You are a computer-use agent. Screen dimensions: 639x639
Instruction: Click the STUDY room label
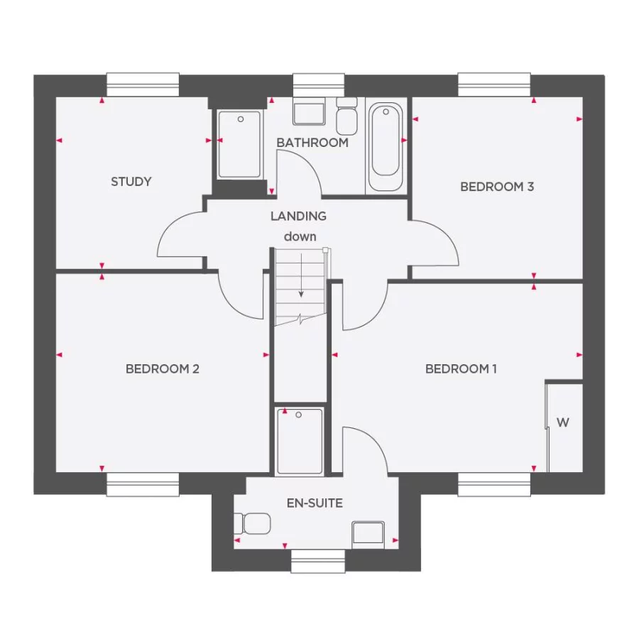coord(131,182)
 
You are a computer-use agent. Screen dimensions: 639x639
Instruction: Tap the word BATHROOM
coord(312,143)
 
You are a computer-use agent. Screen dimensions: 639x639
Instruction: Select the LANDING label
coord(298,216)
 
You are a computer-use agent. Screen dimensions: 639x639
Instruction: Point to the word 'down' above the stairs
coord(300,236)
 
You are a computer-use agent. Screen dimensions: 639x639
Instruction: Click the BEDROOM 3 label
coord(497,187)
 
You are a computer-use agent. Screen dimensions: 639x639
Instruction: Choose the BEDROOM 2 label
coord(163,368)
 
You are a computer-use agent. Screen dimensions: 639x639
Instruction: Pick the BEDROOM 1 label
coord(461,368)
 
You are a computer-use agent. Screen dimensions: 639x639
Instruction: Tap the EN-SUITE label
coord(315,503)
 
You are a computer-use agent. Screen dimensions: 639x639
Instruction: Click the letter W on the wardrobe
coord(562,422)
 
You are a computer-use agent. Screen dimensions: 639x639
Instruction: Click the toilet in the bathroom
coord(347,116)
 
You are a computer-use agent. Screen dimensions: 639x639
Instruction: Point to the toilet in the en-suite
coord(256,524)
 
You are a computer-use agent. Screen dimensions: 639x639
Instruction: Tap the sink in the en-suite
coord(368,534)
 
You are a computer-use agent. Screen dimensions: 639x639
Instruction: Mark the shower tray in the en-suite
coord(300,440)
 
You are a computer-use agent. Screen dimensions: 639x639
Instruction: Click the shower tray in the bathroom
coord(239,145)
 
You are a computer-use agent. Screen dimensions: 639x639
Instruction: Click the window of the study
coord(143,84)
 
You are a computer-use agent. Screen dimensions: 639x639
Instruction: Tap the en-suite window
coord(317,561)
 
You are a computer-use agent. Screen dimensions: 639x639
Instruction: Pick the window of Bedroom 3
coord(494,84)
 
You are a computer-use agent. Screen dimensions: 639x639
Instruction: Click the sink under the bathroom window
coord(309,114)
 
